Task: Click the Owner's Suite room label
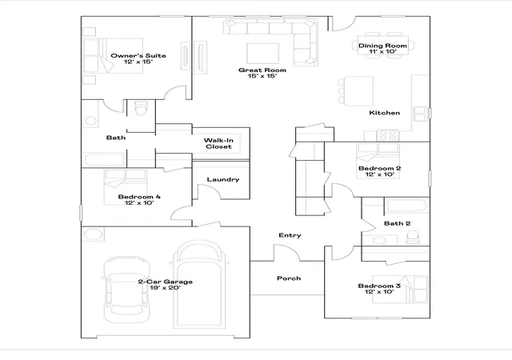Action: [138, 55]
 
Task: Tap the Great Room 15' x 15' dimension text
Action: [262, 76]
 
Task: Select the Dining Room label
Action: [382, 46]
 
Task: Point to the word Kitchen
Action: [384, 113]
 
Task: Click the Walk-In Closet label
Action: [218, 143]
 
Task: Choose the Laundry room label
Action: [223, 179]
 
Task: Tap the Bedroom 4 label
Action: [139, 197]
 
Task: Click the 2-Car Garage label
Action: [166, 282]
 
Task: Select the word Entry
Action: [290, 235]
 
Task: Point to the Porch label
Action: [289, 278]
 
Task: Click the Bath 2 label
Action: [397, 223]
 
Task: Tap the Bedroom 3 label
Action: [379, 286]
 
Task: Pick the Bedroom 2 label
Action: [379, 168]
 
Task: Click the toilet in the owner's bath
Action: [141, 108]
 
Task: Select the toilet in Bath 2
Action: [413, 237]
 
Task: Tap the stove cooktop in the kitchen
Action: [388, 135]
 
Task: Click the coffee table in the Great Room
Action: [262, 53]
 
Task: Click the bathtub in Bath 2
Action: [406, 206]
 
